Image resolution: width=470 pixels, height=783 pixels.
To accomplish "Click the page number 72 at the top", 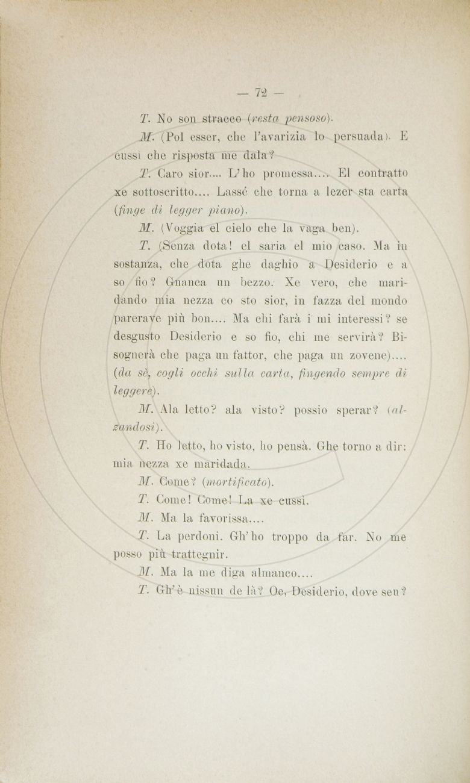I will click(x=261, y=93).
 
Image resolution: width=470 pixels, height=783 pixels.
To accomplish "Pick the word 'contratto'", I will click(x=382, y=173).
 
